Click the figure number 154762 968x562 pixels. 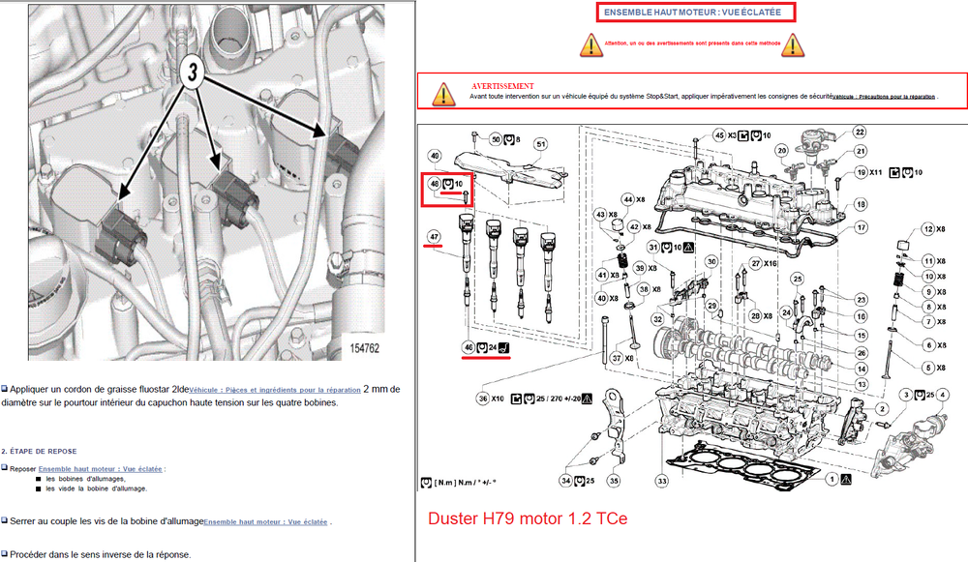pyautogui.click(x=361, y=347)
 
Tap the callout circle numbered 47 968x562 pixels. pyautogui.click(x=435, y=235)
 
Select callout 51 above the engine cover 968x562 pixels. pyautogui.click(x=540, y=144)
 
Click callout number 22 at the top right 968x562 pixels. pyautogui.click(x=858, y=132)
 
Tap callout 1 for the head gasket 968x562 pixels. pyautogui.click(x=830, y=479)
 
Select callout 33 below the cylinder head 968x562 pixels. pyautogui.click(x=662, y=481)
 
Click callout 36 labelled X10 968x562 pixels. pyautogui.click(x=483, y=398)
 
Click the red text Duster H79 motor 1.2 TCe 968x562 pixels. pyautogui.click(x=528, y=518)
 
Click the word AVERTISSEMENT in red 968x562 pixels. pyautogui.click(x=502, y=86)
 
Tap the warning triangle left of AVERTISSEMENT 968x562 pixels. pyautogui.click(x=443, y=93)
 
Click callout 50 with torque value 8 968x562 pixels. pyautogui.click(x=495, y=139)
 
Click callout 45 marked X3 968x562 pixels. pyautogui.click(x=719, y=134)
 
